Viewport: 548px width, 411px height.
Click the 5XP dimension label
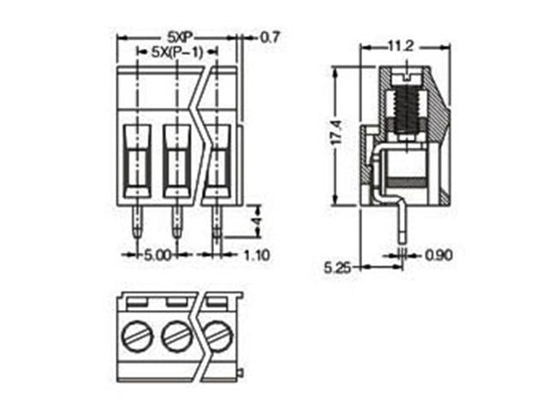179,37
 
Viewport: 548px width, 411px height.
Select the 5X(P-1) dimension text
177,52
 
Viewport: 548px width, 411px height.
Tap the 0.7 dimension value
271,37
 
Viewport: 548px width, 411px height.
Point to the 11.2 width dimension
402,46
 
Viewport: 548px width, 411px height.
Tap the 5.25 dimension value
337,267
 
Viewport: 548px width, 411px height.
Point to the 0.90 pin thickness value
438,255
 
